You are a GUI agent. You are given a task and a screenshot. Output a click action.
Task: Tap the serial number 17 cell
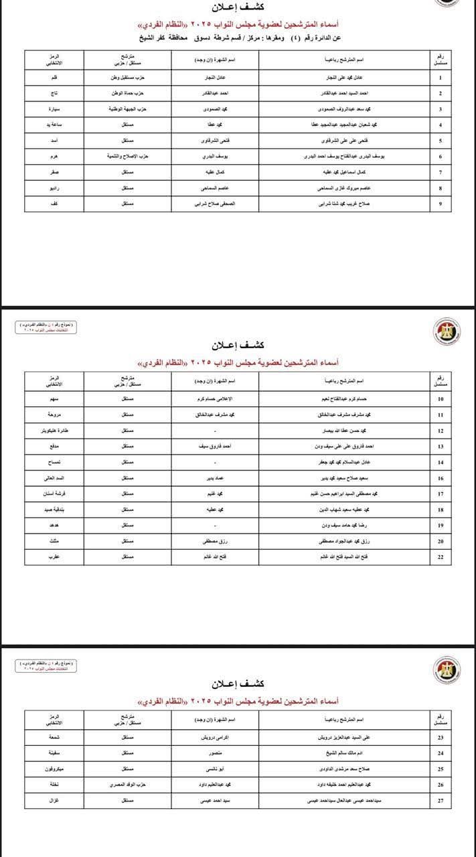(440, 493)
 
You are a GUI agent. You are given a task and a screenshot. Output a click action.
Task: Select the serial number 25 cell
(440, 769)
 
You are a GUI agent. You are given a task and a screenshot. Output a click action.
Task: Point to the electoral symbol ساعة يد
(57, 125)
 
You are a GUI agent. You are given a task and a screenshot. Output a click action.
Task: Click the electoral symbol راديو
(57, 189)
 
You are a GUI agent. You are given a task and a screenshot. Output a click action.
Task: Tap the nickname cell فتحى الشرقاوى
(214, 140)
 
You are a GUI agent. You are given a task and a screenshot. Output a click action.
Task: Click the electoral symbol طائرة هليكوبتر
(57, 431)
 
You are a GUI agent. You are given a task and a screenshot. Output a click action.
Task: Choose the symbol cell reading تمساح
(57, 462)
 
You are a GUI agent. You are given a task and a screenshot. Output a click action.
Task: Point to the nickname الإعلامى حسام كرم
(214, 400)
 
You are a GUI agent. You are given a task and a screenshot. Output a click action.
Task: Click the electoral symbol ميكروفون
(57, 769)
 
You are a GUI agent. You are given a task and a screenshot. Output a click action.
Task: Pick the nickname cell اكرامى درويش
(214, 737)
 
